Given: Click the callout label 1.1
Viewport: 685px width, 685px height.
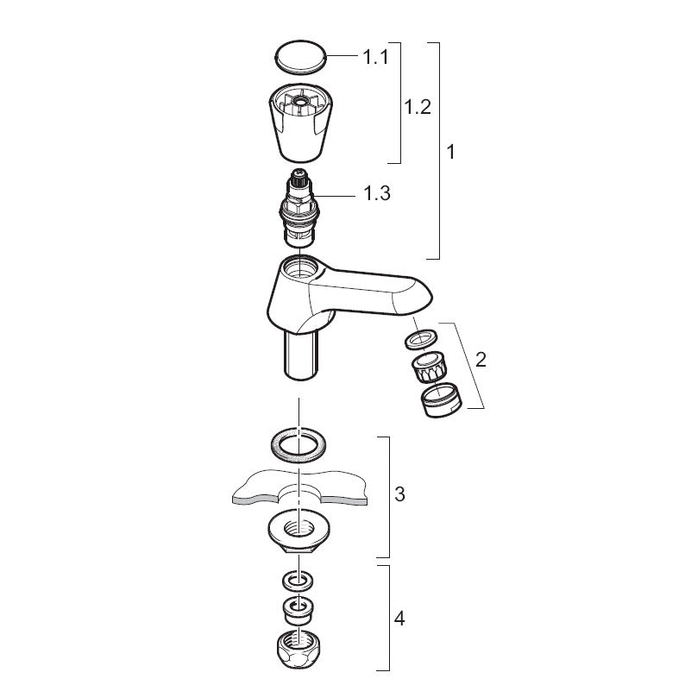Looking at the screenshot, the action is pos(375,57).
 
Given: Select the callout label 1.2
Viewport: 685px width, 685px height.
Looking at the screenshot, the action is pos(418,107).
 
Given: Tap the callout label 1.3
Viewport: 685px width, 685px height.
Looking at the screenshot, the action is pos(377,193).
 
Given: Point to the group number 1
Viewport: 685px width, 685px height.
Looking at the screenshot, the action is pos(451,152).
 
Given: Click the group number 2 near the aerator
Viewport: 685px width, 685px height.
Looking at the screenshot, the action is pos(481,360).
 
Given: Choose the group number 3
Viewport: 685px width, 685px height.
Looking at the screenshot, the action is pos(399,494).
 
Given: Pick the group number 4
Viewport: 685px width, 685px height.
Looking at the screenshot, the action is pos(399,619).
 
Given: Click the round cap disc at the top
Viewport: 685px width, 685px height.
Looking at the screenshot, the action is pos(300,57).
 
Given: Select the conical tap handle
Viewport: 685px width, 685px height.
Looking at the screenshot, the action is pos(300,123).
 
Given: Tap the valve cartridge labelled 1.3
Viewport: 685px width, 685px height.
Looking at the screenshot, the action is pos(297,208).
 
